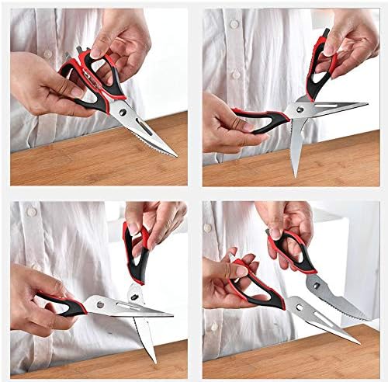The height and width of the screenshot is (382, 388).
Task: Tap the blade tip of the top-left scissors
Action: click(x=178, y=156)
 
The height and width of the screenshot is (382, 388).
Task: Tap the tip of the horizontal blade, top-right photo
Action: click(x=367, y=104)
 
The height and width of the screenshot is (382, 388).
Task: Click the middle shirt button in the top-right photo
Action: click(x=236, y=75)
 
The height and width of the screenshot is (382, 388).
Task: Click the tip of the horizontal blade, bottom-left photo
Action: click(x=172, y=314)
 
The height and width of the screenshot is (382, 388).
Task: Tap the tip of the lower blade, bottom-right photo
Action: click(x=360, y=342)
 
